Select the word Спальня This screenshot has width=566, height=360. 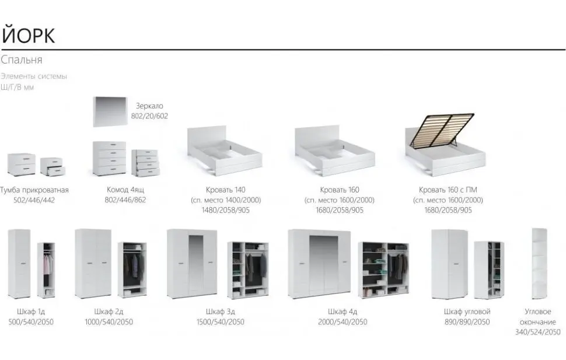pyautogui.click(x=22, y=60)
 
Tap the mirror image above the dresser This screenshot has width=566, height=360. pyautogui.click(x=110, y=111)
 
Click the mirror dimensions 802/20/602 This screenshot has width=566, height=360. pyautogui.click(x=149, y=116)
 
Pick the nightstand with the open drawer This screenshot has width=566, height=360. pyautogui.click(x=53, y=167)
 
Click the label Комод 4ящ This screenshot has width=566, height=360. pyautogui.click(x=126, y=190)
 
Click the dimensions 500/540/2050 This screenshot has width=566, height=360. pyautogui.click(x=32, y=322)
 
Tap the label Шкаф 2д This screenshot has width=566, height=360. pyautogui.click(x=109, y=312)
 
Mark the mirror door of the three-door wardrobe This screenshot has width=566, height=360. pyautogui.click(x=196, y=264)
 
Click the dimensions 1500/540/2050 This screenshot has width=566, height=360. pyautogui.click(x=220, y=322)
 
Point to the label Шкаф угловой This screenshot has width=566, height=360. pyautogui.click(x=467, y=312)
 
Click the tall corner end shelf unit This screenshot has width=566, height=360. pyautogui.click(x=539, y=263)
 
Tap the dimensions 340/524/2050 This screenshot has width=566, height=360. pyautogui.click(x=537, y=332)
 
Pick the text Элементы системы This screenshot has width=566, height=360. pyautogui.click(x=34, y=76)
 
